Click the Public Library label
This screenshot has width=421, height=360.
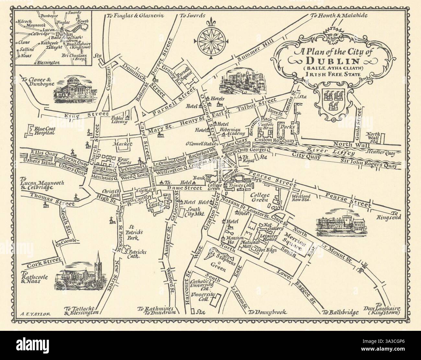click(118, 120)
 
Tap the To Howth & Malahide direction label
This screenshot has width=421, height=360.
click(337, 15)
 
